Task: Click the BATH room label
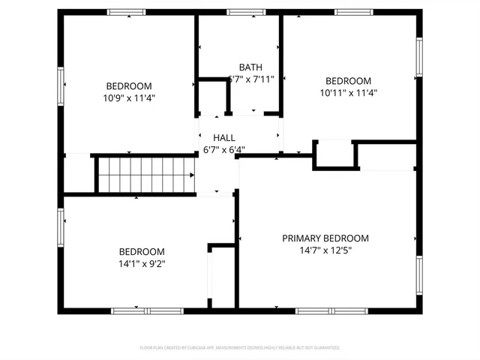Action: point(250,67)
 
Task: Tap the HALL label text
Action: point(224,138)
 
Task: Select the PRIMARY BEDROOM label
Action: point(325,238)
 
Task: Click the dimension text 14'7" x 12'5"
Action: point(325,250)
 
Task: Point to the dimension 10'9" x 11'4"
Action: point(129,97)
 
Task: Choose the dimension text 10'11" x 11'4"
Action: point(347,93)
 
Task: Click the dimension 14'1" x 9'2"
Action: point(142,263)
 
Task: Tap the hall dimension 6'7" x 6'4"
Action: point(224,149)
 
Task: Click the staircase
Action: point(145,173)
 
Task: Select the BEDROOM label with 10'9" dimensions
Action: point(129,85)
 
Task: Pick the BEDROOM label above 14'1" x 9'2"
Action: point(142,251)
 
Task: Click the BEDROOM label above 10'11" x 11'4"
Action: point(347,81)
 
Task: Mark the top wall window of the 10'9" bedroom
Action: point(126,12)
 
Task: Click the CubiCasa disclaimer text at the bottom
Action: point(240,348)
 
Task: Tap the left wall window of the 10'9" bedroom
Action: point(61,86)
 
